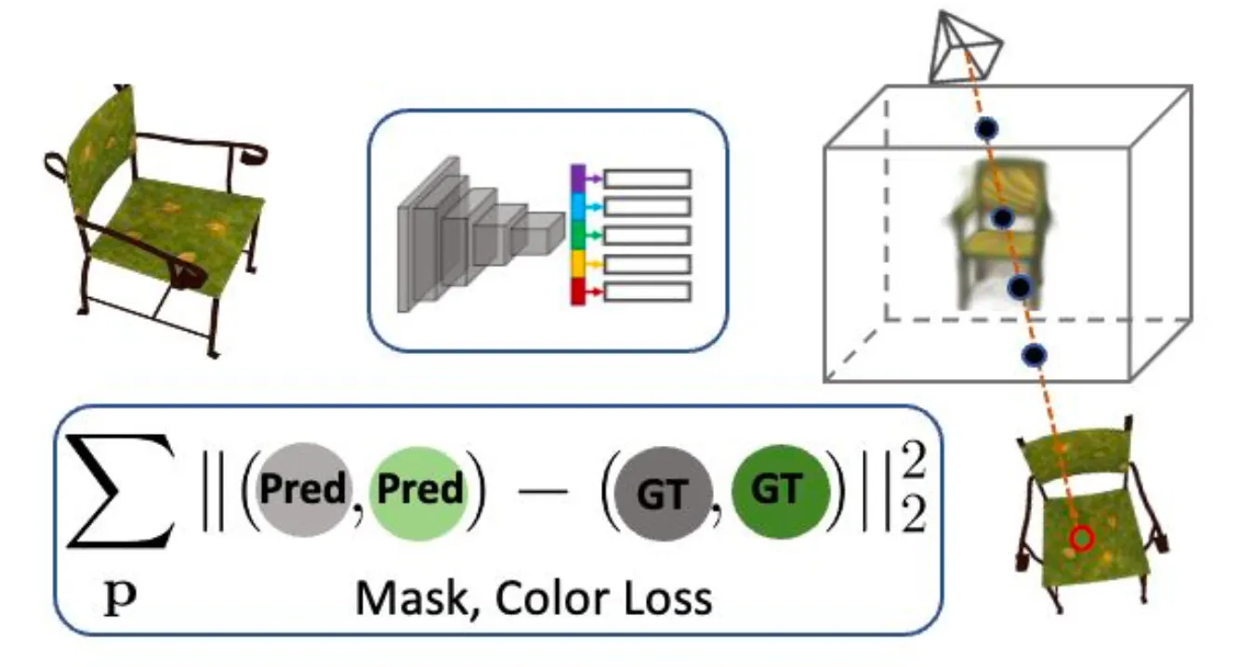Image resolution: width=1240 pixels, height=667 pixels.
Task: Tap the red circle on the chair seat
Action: click(x=1080, y=538)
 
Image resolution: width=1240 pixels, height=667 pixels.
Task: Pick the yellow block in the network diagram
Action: click(x=577, y=263)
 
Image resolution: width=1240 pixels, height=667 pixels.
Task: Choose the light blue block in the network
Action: click(x=577, y=206)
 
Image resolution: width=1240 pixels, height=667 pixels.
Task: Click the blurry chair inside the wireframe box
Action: click(x=995, y=232)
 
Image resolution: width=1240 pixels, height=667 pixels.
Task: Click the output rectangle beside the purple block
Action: click(x=648, y=178)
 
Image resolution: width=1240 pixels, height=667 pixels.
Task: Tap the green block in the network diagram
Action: click(x=577, y=234)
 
